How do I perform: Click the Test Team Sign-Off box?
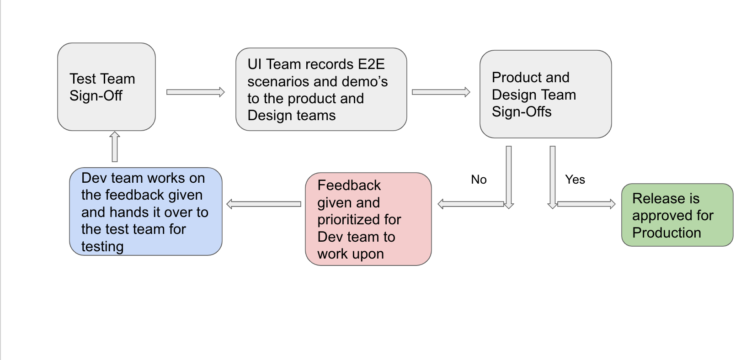[x=106, y=87]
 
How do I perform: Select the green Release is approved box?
[x=677, y=215]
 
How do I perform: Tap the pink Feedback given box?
[x=368, y=219]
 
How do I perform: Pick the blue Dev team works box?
[x=145, y=212]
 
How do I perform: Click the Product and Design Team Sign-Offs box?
[x=545, y=94]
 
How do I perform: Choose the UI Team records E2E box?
[x=321, y=90]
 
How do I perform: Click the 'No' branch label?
[x=479, y=180]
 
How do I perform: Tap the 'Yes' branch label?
[x=575, y=180]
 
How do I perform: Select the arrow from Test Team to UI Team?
[x=195, y=92]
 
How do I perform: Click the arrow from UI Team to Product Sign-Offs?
[x=441, y=92]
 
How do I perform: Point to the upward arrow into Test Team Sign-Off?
[x=115, y=147]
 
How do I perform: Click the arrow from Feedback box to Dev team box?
[x=264, y=204]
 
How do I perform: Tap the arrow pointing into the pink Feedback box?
[x=471, y=204]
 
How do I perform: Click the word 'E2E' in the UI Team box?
[x=371, y=64]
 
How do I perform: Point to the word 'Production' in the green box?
[x=666, y=233]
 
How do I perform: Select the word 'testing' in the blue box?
[x=102, y=247]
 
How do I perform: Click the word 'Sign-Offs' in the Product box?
[x=521, y=112]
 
